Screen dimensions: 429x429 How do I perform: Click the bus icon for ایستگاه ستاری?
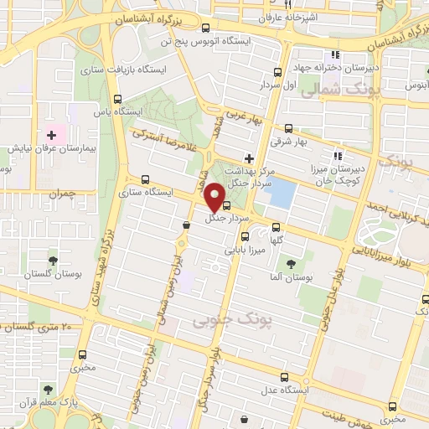pos(147,178)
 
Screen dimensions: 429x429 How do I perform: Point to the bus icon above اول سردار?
pos(279,72)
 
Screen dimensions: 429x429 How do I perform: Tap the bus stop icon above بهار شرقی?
pos(289,129)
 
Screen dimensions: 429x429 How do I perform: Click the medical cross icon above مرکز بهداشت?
pos(248,158)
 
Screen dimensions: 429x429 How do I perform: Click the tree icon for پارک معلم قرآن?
pos(48,389)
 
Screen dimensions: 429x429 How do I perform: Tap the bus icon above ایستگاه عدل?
pos(284,377)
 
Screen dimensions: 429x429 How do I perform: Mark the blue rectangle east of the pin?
pos(281,194)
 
